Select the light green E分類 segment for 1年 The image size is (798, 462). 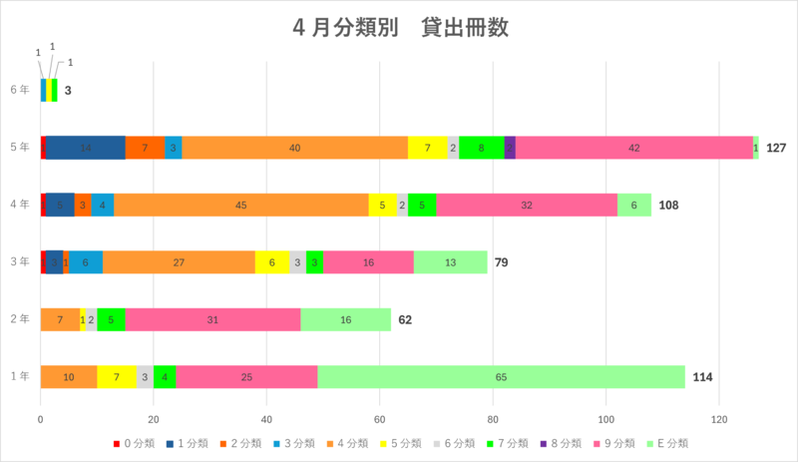click(501, 376)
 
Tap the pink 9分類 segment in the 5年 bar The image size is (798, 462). click(634, 148)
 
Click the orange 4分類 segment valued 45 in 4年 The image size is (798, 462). click(240, 205)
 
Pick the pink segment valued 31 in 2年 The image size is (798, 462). click(212, 319)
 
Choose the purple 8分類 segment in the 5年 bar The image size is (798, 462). click(510, 148)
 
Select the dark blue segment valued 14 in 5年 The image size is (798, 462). click(86, 148)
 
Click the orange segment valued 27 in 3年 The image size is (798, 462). click(179, 261)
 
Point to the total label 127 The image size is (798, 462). click(778, 148)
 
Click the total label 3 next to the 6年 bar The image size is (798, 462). click(68, 91)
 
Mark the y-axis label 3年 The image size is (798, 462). click(19, 261)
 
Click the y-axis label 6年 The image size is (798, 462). click(19, 91)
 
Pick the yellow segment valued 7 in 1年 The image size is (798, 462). click(117, 376)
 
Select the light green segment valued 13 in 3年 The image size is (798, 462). click(451, 261)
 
